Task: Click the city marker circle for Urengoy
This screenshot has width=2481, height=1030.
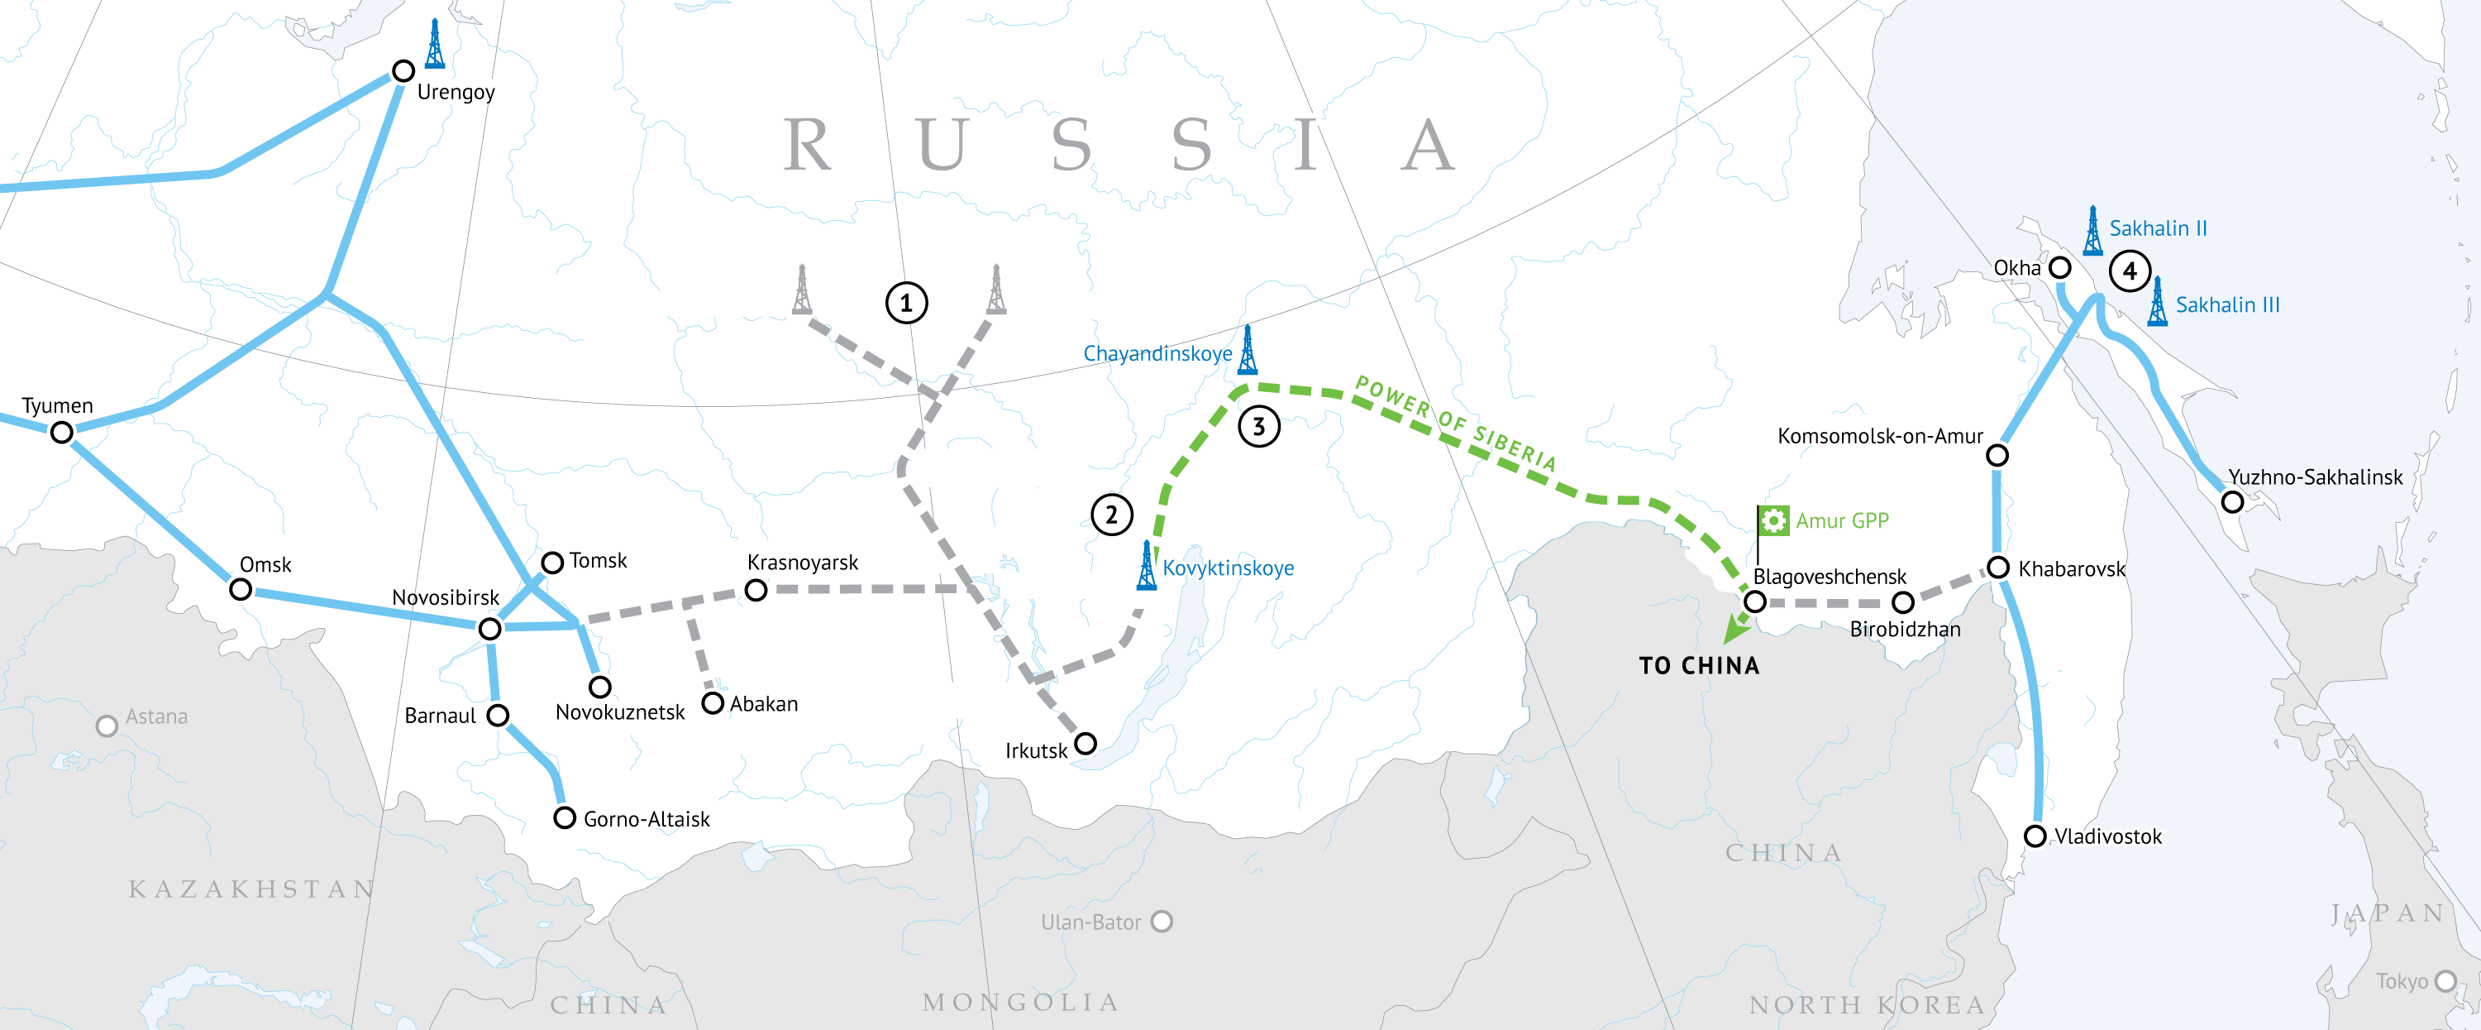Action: click(x=403, y=71)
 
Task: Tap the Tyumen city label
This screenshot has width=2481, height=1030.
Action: click(x=58, y=405)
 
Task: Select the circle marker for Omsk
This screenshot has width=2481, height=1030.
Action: click(x=241, y=589)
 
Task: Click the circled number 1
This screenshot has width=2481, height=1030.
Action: click(x=906, y=304)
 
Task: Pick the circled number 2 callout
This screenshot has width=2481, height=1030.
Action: click(x=1111, y=515)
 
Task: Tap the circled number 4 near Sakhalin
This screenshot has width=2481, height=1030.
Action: click(x=2130, y=271)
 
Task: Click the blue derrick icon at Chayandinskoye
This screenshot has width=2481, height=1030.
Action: click(x=1248, y=351)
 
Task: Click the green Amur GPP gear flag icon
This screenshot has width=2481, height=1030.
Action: click(x=1773, y=521)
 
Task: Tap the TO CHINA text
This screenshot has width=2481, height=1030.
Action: click(x=1699, y=666)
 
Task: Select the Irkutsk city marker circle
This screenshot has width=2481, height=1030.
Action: click(x=1085, y=744)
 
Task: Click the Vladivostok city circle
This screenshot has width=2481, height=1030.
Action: click(x=2035, y=836)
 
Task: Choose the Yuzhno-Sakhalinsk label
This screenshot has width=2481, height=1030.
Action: click(x=2316, y=477)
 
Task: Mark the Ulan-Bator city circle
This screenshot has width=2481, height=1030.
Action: click(x=1162, y=921)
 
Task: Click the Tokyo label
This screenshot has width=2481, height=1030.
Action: click(x=2401, y=982)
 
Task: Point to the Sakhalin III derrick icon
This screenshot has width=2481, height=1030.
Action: click(x=2159, y=303)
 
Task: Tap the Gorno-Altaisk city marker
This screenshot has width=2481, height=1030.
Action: click(x=565, y=818)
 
